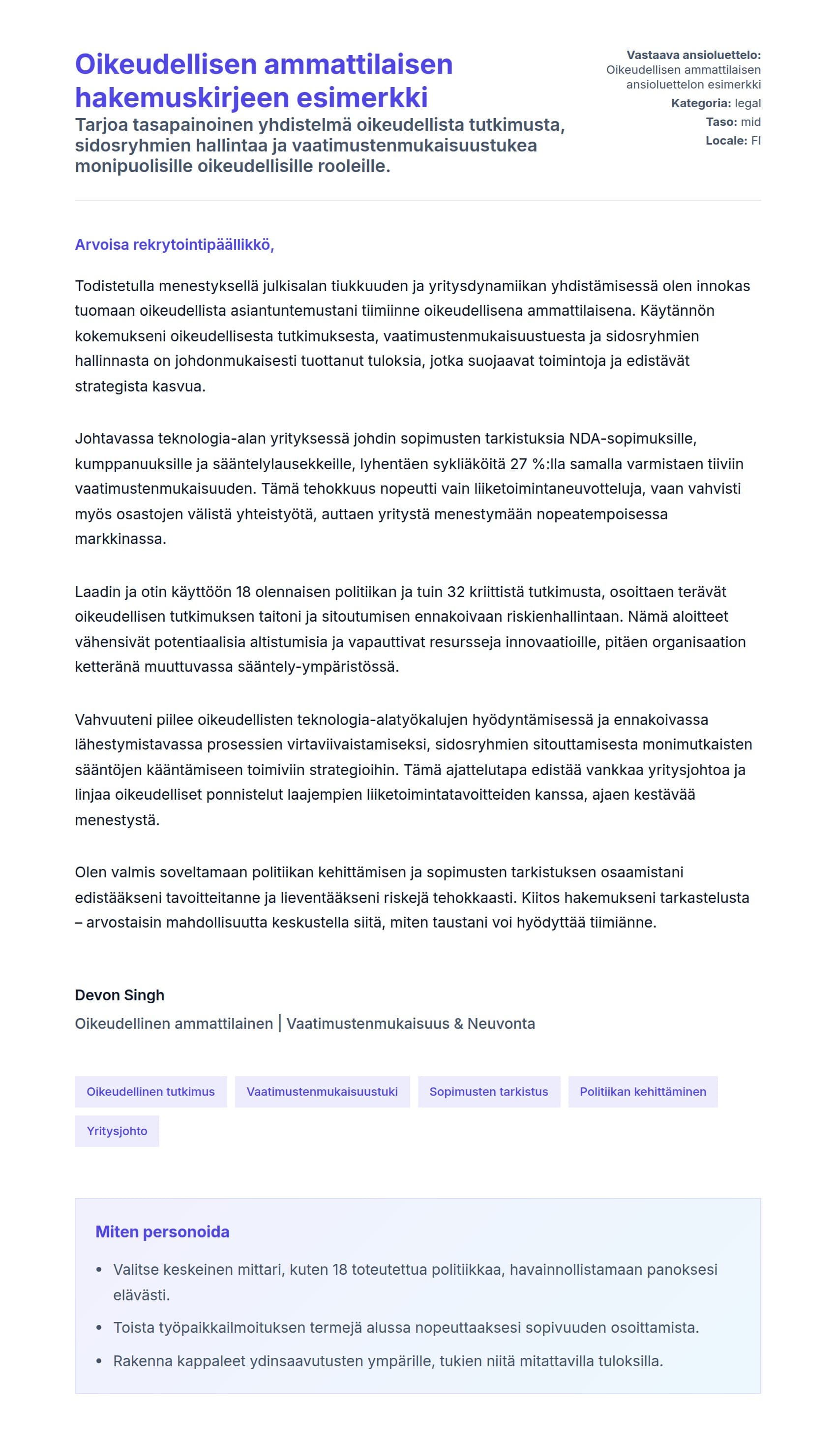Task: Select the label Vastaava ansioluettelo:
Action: tap(693, 55)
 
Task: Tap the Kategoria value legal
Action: tap(747, 103)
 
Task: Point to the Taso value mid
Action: tap(750, 122)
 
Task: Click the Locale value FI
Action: tap(755, 141)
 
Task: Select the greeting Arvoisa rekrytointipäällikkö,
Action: tap(175, 245)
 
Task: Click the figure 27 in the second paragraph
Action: tap(518, 464)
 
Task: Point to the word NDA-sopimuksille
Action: tap(632, 439)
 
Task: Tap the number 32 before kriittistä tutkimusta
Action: tap(456, 591)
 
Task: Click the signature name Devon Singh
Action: tap(119, 995)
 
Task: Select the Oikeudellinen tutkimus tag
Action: tap(150, 1092)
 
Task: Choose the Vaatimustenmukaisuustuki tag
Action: tap(322, 1092)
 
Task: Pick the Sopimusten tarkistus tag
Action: tap(488, 1092)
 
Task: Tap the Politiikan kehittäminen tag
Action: tap(643, 1092)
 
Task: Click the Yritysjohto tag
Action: tap(117, 1131)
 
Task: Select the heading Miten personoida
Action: tap(162, 1231)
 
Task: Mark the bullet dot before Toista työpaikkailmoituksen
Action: tap(99, 1328)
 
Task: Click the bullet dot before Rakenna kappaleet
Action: tap(99, 1361)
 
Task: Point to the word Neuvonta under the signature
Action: tap(501, 1023)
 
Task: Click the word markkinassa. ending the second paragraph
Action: tap(120, 539)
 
